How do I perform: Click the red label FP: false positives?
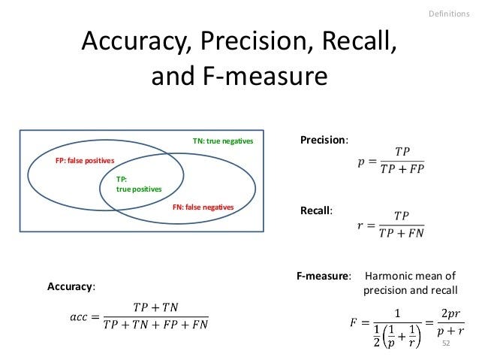[85, 161]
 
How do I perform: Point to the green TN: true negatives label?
[223, 141]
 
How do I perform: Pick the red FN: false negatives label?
[203, 206]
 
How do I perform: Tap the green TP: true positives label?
[138, 185]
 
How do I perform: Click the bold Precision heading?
[324, 140]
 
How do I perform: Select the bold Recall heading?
[315, 210]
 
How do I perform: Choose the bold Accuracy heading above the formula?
[71, 287]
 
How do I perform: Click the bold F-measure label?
[324, 277]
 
